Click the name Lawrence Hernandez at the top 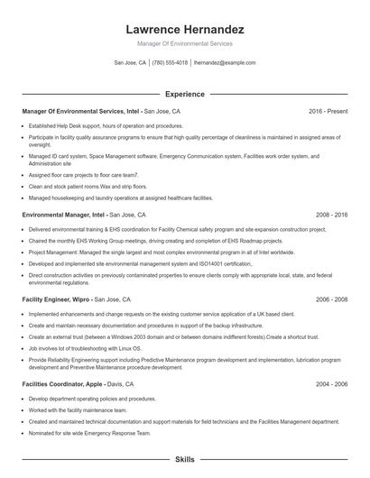(184, 29)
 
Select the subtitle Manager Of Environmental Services (184, 43)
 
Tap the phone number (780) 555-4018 (170, 63)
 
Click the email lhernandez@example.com (225, 63)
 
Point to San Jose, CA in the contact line (130, 63)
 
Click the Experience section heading (184, 94)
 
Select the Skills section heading (184, 459)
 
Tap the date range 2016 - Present (328, 111)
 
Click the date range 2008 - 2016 (331, 215)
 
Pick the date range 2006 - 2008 (331, 299)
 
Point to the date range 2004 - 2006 (331, 383)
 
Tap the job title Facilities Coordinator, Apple (62, 383)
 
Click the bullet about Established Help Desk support (106, 125)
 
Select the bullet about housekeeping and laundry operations (121, 197)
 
